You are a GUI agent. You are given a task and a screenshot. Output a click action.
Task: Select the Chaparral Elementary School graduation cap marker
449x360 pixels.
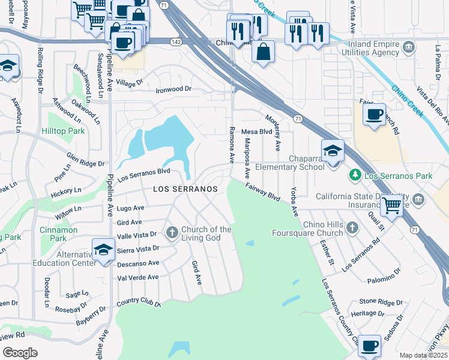click(333, 152)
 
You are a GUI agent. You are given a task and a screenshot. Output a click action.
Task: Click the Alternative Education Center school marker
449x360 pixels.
click(104, 250)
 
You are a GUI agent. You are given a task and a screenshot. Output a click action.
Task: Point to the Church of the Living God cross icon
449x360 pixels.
click(172, 232)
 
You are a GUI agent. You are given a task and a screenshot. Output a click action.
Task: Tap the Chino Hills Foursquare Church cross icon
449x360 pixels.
click(352, 227)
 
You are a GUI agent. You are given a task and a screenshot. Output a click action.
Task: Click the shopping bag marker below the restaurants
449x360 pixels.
click(263, 52)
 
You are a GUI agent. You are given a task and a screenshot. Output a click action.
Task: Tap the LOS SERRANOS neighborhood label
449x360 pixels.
click(185, 188)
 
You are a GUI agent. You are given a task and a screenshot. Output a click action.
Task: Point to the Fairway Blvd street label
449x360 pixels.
click(262, 192)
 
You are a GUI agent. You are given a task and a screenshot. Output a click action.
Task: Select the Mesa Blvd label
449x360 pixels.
click(257, 131)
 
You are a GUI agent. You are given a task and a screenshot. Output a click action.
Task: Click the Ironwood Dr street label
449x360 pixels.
click(173, 89)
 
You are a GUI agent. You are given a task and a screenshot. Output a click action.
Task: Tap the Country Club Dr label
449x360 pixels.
click(139, 304)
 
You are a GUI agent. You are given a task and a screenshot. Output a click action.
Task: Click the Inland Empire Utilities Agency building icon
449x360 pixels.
click(408, 47)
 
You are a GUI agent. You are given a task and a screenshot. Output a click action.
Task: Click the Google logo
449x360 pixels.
click(20, 352)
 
